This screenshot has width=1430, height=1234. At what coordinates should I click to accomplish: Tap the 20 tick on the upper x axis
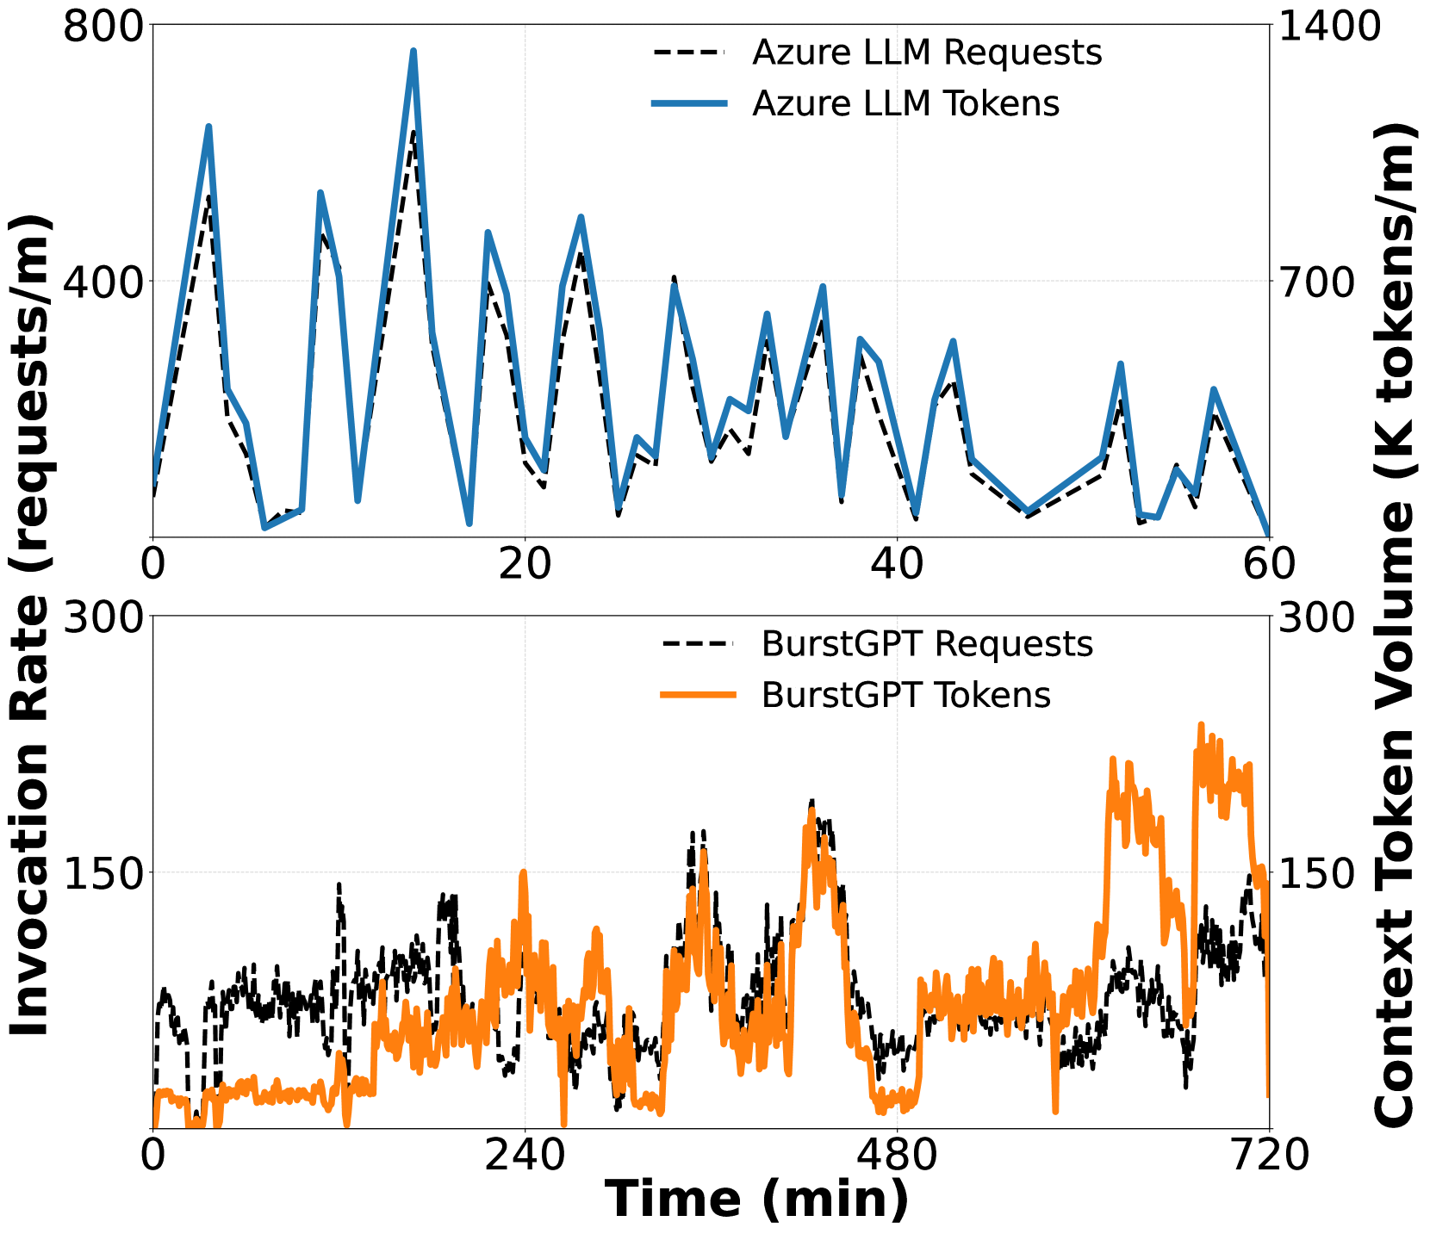[x=525, y=565]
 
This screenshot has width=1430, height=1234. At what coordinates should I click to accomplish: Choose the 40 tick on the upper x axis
[x=898, y=565]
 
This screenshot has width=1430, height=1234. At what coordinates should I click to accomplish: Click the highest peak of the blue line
[x=413, y=51]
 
